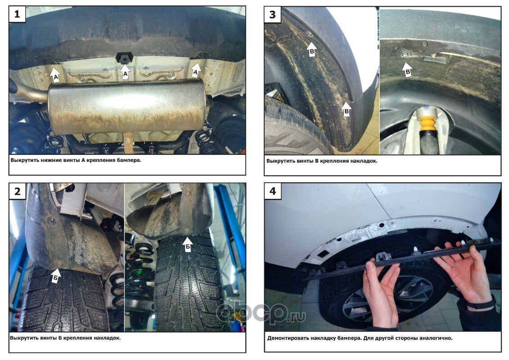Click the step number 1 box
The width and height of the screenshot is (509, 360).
tap(17, 14)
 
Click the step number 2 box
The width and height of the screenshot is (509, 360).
tap(17, 191)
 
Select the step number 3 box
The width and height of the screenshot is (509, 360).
tap(273, 14)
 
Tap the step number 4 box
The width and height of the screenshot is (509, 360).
tap(273, 191)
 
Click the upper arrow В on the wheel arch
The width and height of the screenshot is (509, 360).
tap(311, 49)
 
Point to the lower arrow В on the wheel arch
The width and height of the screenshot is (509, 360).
tap(347, 110)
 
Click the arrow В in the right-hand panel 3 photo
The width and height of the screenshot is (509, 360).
tap(407, 69)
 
